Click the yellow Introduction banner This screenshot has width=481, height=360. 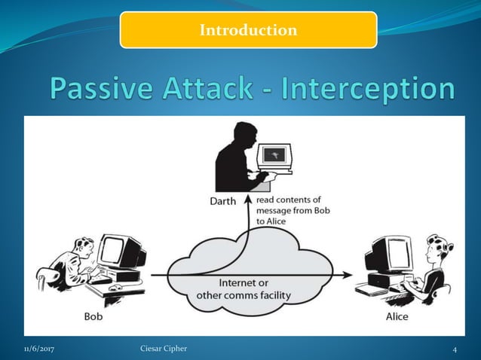coord(248,30)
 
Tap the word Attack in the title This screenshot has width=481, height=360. coord(222,89)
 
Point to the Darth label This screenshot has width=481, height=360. coord(222,201)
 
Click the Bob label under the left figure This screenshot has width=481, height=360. coord(94,316)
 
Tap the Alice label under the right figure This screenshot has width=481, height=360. coord(397,316)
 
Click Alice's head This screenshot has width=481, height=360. coord(436,249)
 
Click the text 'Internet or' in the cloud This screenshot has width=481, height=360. coord(243,283)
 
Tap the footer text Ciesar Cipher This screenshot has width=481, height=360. coord(164,349)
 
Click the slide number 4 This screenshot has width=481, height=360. coord(455,349)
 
